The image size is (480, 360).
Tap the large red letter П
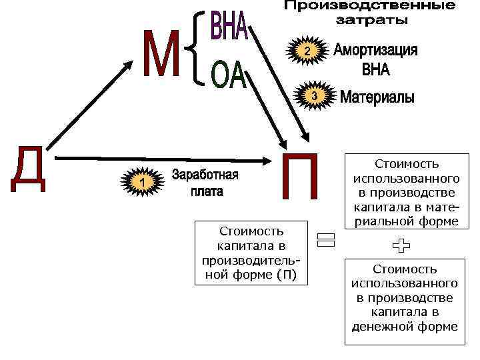[301, 176]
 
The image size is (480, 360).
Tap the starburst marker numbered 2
[305, 51]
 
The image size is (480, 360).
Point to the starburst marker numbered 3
[314, 97]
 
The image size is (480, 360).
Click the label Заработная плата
[205, 183]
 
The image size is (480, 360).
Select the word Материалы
[377, 98]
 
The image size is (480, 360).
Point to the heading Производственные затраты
[370, 13]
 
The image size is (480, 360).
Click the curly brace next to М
[196, 51]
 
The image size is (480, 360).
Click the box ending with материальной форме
[405, 192]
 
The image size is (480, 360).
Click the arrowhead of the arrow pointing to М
[129, 63]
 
